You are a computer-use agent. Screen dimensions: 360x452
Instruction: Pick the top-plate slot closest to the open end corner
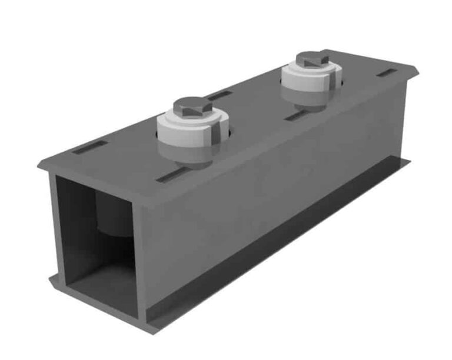point(89,147)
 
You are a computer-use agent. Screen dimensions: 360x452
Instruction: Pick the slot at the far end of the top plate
point(387,74)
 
